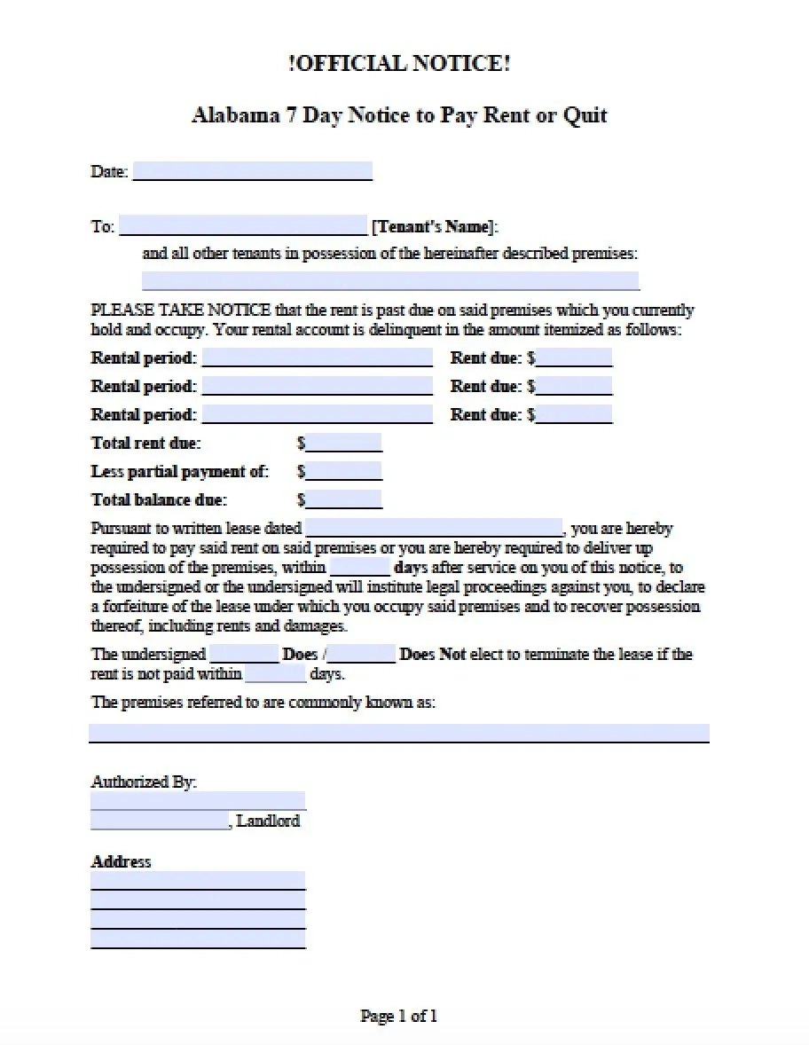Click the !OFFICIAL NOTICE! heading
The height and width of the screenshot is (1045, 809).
[399, 64]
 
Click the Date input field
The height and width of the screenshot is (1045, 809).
[252, 171]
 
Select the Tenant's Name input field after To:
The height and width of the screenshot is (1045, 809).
[243, 225]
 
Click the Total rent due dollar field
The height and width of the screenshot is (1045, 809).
[344, 443]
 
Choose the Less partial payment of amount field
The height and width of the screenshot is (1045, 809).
[344, 471]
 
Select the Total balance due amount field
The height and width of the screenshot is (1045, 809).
[344, 499]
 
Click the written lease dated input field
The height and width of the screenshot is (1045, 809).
[434, 529]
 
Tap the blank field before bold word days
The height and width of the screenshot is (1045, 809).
[360, 567]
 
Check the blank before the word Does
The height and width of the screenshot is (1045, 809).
[244, 655]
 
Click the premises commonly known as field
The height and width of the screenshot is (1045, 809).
[398, 733]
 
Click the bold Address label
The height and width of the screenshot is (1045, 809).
[122, 861]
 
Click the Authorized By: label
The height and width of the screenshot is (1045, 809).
[144, 782]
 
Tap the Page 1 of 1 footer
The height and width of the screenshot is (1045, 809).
[398, 1016]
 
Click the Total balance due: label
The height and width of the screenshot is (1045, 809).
[159, 499]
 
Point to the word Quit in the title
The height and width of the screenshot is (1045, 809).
[585, 115]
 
